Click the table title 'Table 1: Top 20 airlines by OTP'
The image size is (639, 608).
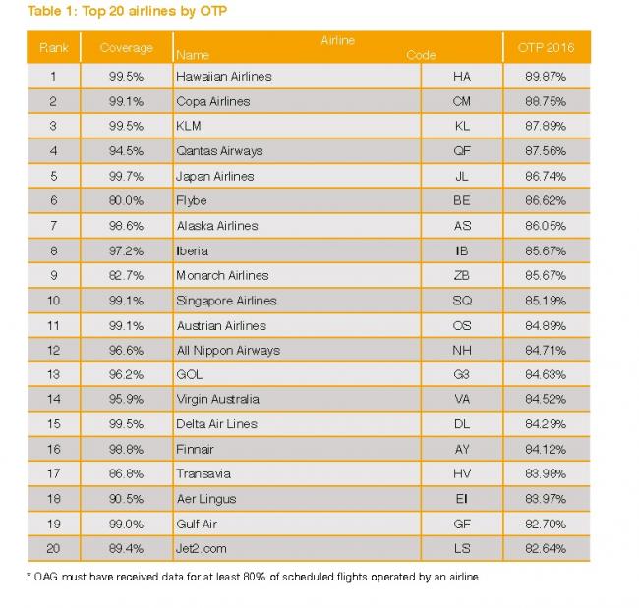pyautogui.click(x=127, y=11)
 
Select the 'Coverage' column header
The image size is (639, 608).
pyautogui.click(x=127, y=48)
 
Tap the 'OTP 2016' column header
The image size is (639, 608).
pyautogui.click(x=546, y=48)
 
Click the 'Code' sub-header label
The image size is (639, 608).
pyautogui.click(x=421, y=55)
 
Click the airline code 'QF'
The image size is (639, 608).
pyautogui.click(x=462, y=151)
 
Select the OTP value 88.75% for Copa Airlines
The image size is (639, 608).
pyautogui.click(x=546, y=101)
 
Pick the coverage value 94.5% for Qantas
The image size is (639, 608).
pyautogui.click(x=127, y=151)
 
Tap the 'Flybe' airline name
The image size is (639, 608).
pyautogui.click(x=191, y=200)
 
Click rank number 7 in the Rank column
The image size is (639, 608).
pyautogui.click(x=53, y=226)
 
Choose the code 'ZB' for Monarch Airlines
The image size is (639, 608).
pyautogui.click(x=462, y=276)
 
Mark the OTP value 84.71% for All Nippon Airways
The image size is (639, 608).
pyautogui.click(x=546, y=351)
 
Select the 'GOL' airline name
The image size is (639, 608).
pyautogui.click(x=189, y=374)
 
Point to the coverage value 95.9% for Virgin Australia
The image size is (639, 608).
pyautogui.click(x=127, y=399)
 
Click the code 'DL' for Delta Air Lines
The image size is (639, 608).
pyautogui.click(x=462, y=424)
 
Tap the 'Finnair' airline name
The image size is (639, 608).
pyautogui.click(x=195, y=449)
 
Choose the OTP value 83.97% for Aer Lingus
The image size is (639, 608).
pyautogui.click(x=546, y=499)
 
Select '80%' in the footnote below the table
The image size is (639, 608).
pyautogui.click(x=255, y=577)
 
